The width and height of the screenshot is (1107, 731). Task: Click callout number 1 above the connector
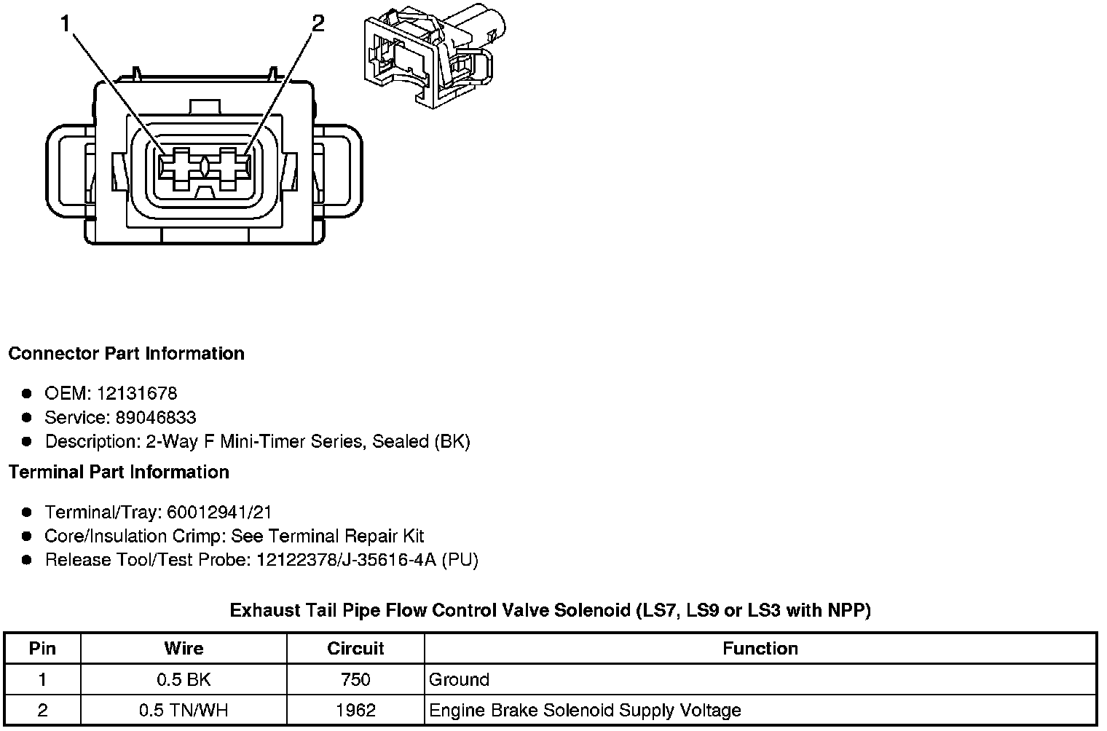coord(66,24)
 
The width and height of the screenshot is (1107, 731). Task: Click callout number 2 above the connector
coord(318,23)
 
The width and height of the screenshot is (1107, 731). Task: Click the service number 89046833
coord(156,418)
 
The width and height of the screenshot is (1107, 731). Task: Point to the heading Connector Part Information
coord(126,354)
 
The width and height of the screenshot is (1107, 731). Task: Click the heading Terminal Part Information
coord(119,473)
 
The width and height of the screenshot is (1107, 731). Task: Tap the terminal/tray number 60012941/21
coord(219,513)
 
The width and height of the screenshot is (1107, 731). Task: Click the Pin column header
coord(42,648)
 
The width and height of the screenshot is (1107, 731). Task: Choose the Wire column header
coord(184,648)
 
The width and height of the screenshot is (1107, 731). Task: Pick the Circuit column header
coord(355,648)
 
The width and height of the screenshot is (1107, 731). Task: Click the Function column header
coord(760,648)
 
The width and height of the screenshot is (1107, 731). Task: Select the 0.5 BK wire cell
coord(184,680)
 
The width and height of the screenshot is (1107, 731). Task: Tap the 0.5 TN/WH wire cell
coord(184,711)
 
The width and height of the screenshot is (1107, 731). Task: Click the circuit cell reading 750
coord(355,680)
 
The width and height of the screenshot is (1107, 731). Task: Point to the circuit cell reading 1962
coord(355,711)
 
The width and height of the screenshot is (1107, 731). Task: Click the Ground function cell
coord(459,680)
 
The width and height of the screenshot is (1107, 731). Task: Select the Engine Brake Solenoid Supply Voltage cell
coord(585,711)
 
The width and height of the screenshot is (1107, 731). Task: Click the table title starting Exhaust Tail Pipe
coord(550,610)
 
